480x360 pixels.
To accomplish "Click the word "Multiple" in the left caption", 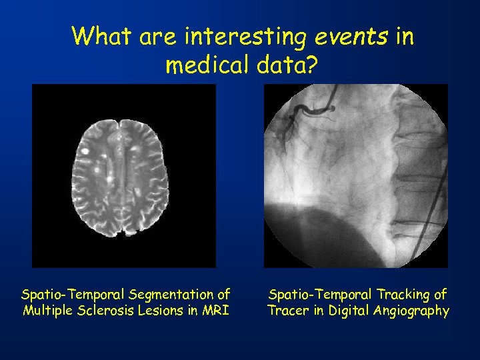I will click(47, 310).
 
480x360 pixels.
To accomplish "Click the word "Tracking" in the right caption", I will click(398, 294).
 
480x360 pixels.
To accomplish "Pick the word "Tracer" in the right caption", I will click(287, 310).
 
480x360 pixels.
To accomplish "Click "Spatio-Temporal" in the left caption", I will click(75, 294).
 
